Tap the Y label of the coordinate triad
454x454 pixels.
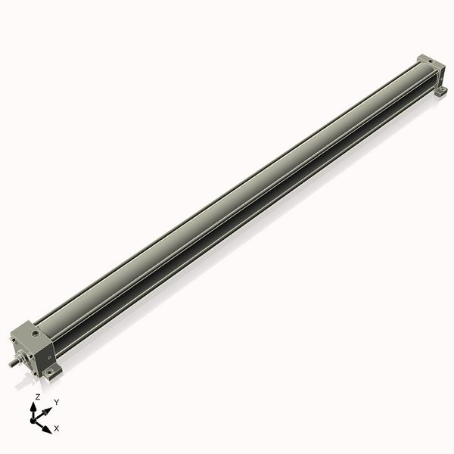click(57, 402)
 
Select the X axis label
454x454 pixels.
click(57, 428)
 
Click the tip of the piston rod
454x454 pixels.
click(10, 365)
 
